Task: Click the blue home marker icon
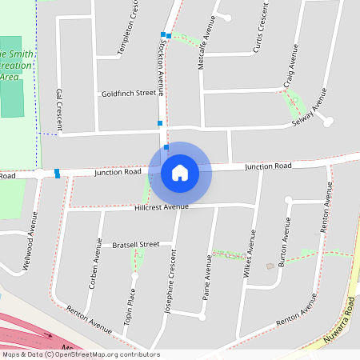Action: (180, 172)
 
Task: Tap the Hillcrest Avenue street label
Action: (162, 206)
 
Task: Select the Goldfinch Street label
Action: (128, 94)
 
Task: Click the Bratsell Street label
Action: (135, 244)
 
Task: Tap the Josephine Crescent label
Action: (170, 278)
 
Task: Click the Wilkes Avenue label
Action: (249, 254)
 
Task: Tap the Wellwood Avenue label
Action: (33, 233)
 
